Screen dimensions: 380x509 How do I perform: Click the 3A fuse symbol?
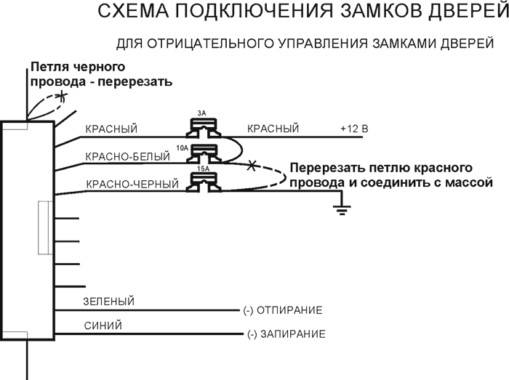(x=201, y=128)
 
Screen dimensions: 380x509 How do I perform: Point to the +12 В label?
(x=354, y=129)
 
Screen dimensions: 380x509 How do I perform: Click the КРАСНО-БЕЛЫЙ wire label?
(x=121, y=156)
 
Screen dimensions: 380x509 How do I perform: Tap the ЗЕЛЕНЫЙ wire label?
(x=110, y=302)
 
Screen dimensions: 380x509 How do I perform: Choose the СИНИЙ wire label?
(x=103, y=326)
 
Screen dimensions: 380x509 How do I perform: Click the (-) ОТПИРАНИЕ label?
(x=282, y=310)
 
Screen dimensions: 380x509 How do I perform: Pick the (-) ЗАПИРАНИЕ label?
(x=286, y=335)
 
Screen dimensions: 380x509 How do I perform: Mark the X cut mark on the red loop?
(x=252, y=166)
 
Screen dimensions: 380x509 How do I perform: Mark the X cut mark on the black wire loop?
(x=63, y=95)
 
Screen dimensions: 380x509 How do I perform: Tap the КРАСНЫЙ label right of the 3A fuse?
(x=273, y=129)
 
